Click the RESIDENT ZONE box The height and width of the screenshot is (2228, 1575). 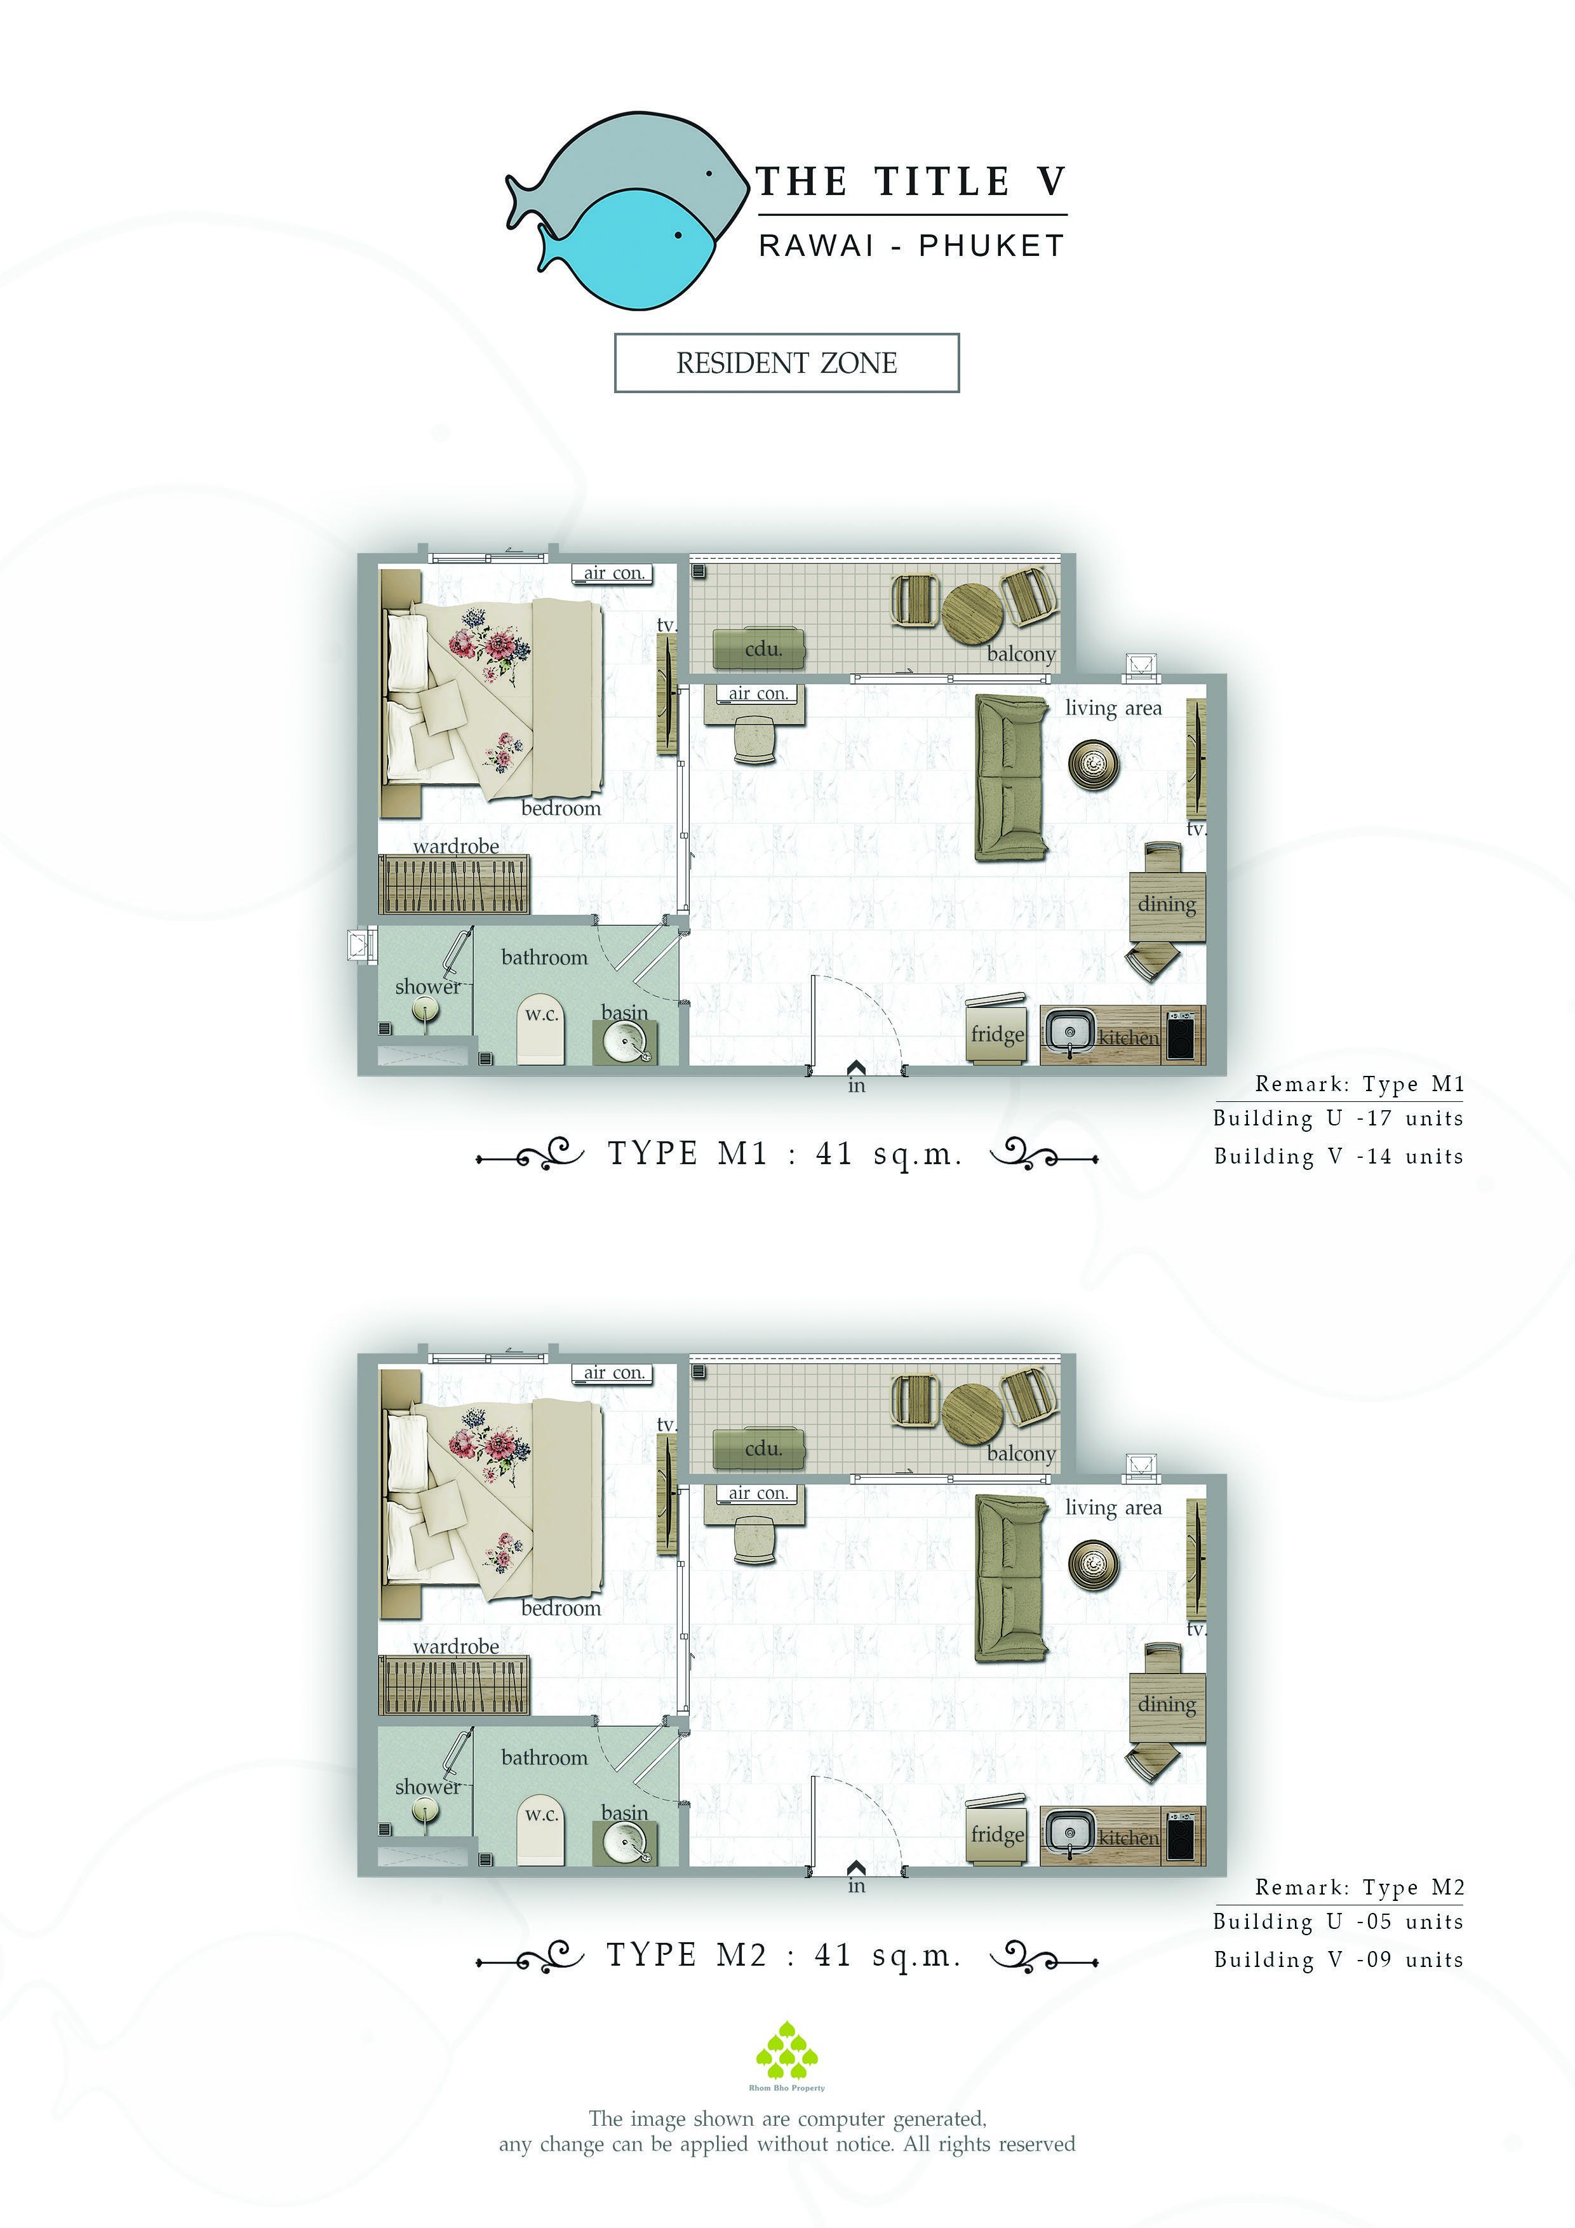point(786,363)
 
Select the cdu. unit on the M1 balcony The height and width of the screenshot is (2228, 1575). point(760,649)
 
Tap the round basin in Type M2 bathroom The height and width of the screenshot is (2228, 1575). point(626,1842)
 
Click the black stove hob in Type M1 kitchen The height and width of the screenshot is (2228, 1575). point(1181,1037)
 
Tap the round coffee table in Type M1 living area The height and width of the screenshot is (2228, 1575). point(1094,765)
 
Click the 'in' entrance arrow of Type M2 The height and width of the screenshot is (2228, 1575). point(856,1867)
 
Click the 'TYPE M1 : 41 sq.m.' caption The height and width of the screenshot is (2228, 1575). point(785,1154)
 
